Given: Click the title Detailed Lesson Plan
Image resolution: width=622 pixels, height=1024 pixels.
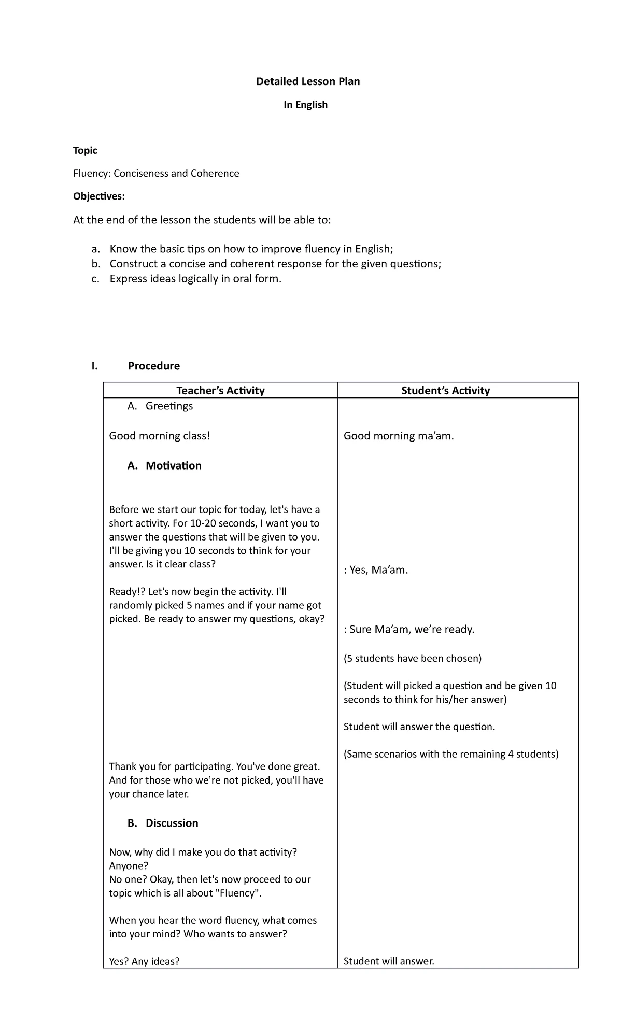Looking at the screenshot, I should [308, 81].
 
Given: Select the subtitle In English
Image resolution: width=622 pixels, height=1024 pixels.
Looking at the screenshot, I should [305, 105].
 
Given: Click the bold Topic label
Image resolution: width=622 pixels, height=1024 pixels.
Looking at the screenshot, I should [85, 150].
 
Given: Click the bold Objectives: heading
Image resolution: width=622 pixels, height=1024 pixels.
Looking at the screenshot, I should [99, 196].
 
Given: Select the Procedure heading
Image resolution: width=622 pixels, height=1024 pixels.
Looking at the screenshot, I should [153, 366].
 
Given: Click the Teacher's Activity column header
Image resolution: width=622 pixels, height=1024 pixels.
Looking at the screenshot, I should [220, 391].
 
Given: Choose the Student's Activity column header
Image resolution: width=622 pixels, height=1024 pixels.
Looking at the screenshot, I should [445, 391].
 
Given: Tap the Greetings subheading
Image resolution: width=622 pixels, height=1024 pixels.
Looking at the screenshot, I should [169, 406].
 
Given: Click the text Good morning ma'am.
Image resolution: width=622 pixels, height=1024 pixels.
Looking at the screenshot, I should [399, 436].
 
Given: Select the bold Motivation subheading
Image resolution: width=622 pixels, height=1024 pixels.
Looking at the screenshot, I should [173, 465].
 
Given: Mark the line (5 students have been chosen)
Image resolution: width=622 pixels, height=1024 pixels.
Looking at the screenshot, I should [413, 658].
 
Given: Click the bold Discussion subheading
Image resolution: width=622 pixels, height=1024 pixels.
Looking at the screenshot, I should [172, 823].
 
